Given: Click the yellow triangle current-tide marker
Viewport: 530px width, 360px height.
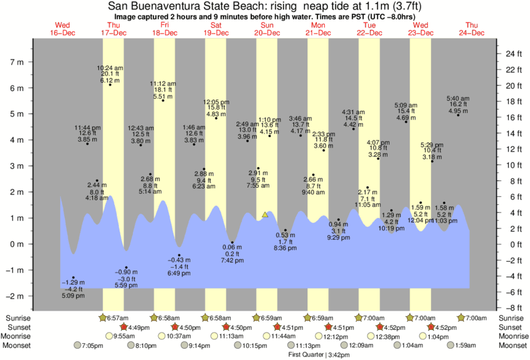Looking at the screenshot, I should (x=265, y=214).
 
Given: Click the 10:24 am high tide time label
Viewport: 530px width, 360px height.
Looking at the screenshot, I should (x=110, y=67).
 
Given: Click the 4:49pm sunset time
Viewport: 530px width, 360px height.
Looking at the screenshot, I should (x=138, y=327).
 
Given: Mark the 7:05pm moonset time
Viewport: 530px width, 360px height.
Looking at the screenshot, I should (x=93, y=345).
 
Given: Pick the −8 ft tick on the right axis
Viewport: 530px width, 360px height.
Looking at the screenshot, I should (x=512, y=308).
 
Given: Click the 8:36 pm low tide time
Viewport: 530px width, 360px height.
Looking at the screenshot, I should (x=285, y=248).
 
